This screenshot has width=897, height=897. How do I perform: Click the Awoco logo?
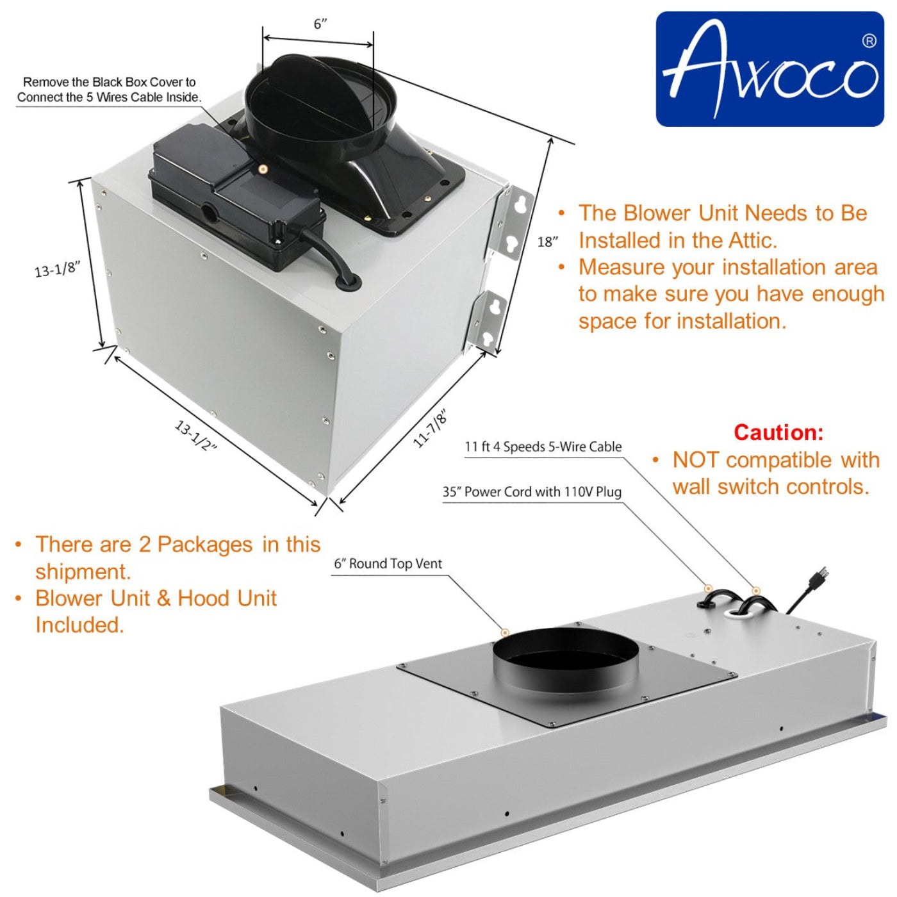(769, 69)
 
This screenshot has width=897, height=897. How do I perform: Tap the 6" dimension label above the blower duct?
(320, 24)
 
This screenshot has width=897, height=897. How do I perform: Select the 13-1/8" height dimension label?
(57, 269)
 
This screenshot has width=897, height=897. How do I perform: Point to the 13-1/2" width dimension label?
(196, 436)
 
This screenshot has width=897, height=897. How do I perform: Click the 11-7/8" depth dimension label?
(430, 428)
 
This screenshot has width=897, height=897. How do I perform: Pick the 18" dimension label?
(548, 242)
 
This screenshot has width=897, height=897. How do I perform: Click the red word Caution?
(778, 432)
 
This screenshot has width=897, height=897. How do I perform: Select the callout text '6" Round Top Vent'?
(388, 564)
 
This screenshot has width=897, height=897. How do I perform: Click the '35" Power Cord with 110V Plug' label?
(532, 492)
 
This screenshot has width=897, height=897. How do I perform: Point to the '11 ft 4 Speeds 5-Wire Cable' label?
(543, 447)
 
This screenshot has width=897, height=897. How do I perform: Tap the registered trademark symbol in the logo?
(869, 41)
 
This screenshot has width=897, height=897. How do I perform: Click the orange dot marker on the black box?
(263, 169)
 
